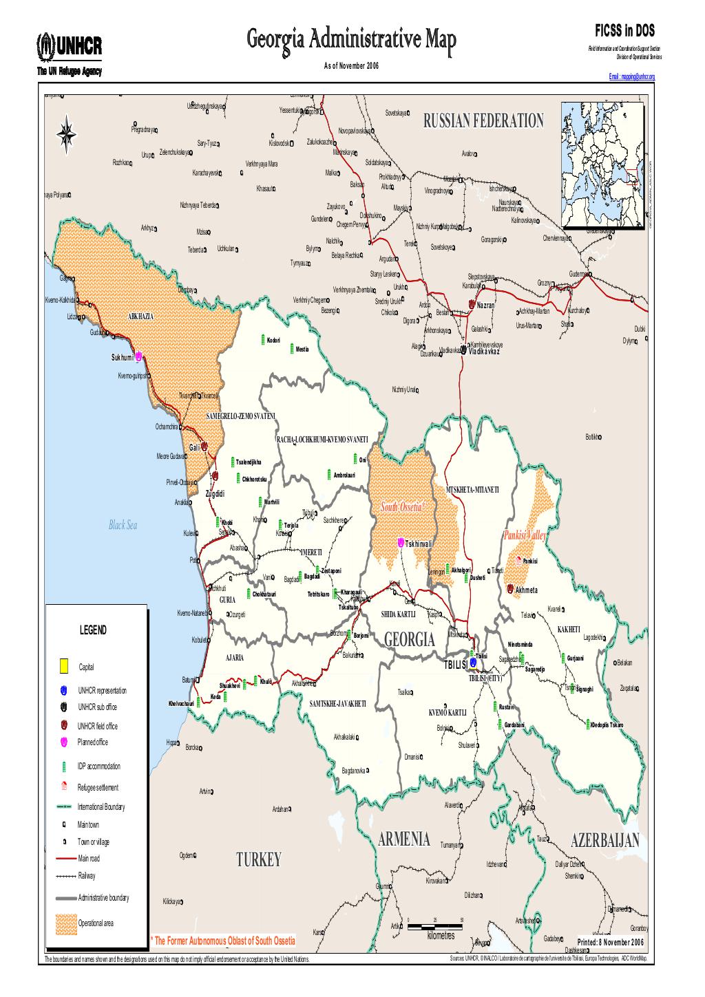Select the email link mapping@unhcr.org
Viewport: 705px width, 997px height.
(x=631, y=77)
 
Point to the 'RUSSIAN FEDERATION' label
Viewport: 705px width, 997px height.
(x=483, y=122)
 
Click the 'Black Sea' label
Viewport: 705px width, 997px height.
(x=123, y=526)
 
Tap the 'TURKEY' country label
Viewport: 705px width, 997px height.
(x=259, y=860)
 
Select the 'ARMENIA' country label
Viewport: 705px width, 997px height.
(x=404, y=839)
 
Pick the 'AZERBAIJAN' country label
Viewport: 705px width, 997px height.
(x=604, y=840)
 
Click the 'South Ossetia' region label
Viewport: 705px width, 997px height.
(x=404, y=507)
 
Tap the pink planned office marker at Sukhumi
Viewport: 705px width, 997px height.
(x=138, y=356)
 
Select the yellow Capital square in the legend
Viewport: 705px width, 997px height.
(x=63, y=665)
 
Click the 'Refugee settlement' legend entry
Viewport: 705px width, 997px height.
(x=98, y=787)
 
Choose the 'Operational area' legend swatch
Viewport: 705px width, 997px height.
(x=63, y=923)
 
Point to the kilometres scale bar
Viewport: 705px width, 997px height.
(x=435, y=926)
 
